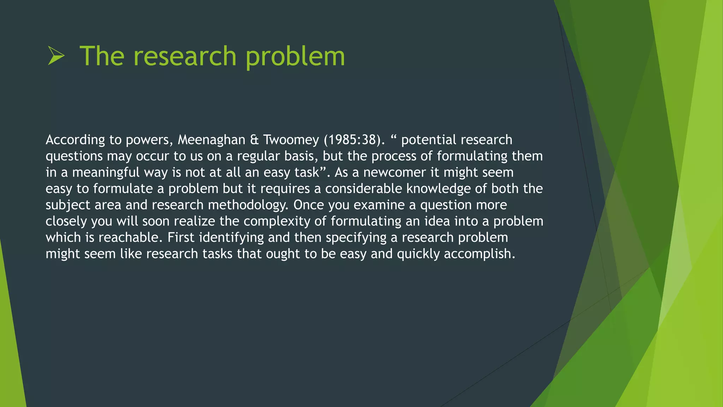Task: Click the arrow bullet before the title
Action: [x=56, y=56]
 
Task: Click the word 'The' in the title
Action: [x=102, y=56]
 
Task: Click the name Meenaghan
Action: [x=211, y=140]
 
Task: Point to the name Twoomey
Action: [x=291, y=140]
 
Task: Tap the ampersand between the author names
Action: [x=254, y=140]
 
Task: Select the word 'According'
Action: [x=75, y=140]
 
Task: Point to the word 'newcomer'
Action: [x=394, y=172]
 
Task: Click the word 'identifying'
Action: [x=231, y=237]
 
